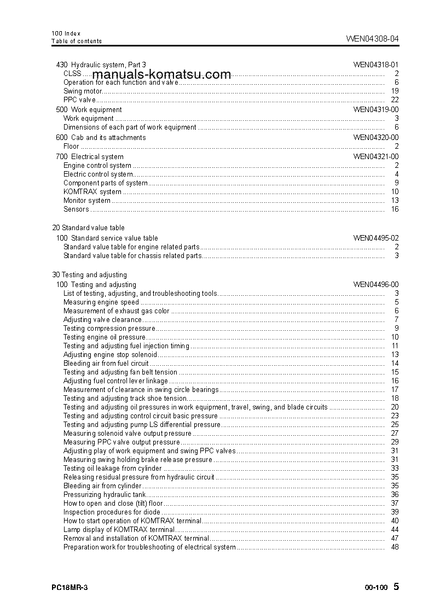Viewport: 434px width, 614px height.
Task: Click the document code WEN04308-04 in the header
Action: [x=372, y=39]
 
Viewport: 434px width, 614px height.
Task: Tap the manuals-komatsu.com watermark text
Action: [x=161, y=75]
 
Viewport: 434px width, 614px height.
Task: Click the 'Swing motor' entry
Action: [x=83, y=91]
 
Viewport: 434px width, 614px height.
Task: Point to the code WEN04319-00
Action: [x=375, y=110]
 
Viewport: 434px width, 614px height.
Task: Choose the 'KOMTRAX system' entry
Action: [x=92, y=192]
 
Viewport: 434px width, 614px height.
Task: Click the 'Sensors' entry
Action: [x=76, y=209]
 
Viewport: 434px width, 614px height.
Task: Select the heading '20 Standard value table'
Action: [x=88, y=228]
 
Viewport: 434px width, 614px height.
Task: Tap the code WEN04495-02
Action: [x=375, y=238]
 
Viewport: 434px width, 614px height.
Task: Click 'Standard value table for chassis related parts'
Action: [x=132, y=256]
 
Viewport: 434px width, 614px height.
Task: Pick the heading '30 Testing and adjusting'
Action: [x=89, y=275]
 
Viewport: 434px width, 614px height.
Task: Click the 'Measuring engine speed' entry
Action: [x=101, y=302]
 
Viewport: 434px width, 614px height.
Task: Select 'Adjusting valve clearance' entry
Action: [x=102, y=320]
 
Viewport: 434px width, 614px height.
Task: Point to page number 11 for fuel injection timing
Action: [x=395, y=346]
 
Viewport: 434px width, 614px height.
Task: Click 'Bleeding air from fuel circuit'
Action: [x=106, y=364]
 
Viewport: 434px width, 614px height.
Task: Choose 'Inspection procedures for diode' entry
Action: [x=104, y=512]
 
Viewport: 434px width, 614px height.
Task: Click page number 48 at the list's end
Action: [x=395, y=547]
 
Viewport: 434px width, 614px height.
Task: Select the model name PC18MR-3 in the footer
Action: [x=70, y=587]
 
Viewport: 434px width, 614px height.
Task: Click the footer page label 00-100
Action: [x=375, y=588]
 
